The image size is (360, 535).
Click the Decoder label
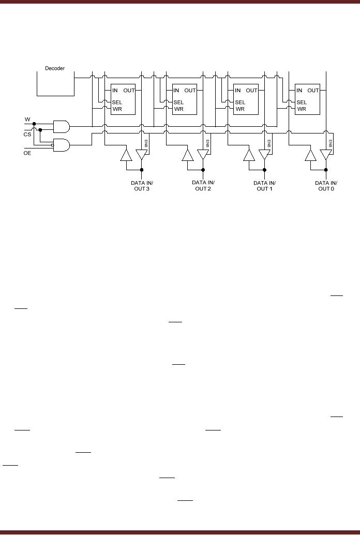coord(55,68)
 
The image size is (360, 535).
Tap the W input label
coord(27,120)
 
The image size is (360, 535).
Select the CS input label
coord(27,135)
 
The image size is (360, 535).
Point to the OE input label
coord(27,153)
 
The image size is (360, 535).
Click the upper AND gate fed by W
coord(62,126)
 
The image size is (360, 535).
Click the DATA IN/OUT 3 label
coord(141,185)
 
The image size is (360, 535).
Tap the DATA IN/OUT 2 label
coord(203,185)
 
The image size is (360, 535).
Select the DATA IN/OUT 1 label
coord(264,185)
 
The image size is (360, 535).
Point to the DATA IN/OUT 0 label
coord(326,185)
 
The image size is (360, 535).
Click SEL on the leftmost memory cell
coord(117,102)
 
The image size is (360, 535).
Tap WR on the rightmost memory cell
coord(301,109)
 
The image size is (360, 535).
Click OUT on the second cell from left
coord(190,91)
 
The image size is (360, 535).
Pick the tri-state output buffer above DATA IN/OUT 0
coord(326,155)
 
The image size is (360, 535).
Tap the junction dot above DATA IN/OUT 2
coord(203,170)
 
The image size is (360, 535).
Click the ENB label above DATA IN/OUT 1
coord(269,142)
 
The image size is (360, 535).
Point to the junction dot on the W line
coord(34,124)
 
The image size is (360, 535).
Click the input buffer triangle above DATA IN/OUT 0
coord(311,155)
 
